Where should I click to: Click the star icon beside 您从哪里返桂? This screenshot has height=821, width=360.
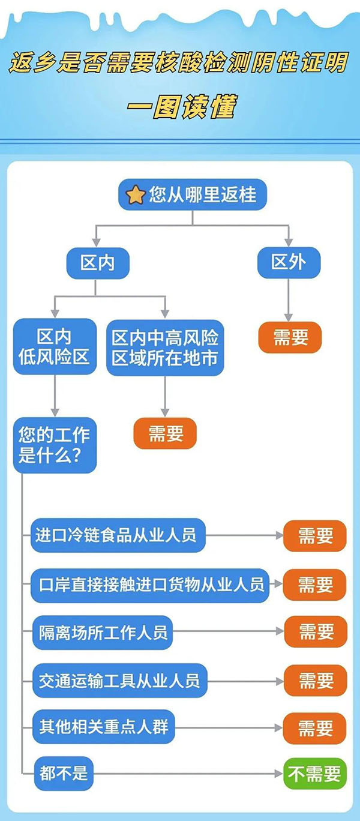136,194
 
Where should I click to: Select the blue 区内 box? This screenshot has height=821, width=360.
97,263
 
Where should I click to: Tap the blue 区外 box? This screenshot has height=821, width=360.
289,263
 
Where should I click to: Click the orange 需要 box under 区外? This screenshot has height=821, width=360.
290,338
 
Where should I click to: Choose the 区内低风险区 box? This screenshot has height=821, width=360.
55,347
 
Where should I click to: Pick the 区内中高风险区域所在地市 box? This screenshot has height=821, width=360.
165,347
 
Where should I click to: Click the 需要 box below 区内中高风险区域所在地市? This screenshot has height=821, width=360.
165,433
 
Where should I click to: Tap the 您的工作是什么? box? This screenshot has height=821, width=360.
55,445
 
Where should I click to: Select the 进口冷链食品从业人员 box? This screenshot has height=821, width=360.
118,535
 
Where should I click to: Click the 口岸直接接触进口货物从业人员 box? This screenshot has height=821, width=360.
151,584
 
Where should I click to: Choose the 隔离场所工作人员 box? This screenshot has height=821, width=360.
103,632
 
